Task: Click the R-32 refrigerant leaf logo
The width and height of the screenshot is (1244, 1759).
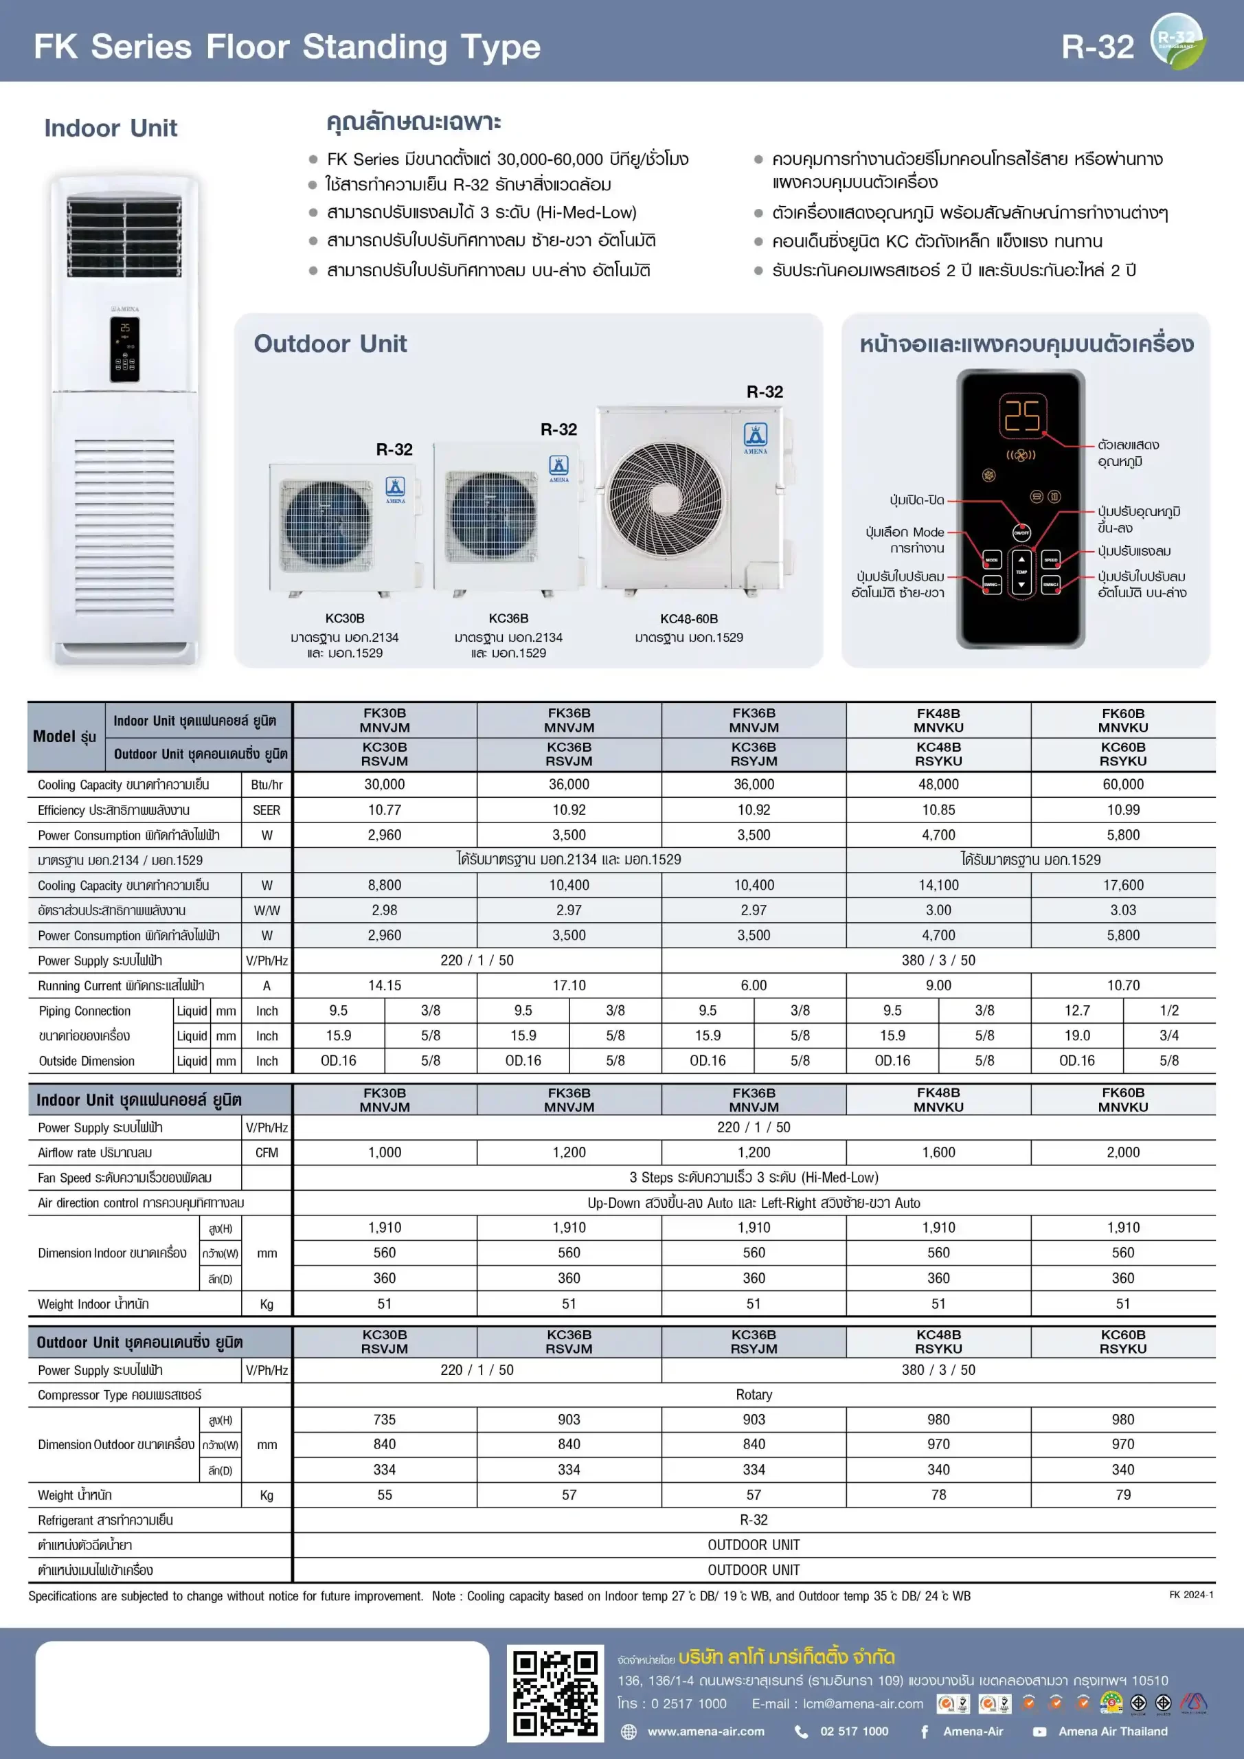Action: point(1177,41)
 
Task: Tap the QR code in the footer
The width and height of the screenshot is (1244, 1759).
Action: point(554,1693)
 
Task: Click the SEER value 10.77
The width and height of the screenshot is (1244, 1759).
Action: point(385,810)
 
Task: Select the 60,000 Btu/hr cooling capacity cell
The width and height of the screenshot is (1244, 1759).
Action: point(1122,785)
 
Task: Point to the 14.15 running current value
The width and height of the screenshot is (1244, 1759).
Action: point(385,985)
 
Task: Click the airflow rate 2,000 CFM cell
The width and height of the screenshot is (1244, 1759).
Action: point(1122,1152)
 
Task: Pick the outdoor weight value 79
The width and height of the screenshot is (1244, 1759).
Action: point(1122,1494)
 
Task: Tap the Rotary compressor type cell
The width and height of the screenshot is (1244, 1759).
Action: point(754,1394)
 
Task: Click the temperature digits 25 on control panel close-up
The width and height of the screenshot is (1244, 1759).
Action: point(1022,416)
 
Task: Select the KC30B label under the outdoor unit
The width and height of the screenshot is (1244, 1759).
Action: point(345,618)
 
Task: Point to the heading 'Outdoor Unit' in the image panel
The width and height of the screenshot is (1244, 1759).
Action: point(330,344)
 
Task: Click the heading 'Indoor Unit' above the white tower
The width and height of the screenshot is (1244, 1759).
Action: point(111,128)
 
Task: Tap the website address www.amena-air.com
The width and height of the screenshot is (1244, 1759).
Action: point(705,1732)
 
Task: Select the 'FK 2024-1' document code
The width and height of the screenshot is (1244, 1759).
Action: point(1190,1594)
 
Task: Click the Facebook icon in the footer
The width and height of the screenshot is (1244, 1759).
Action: point(925,1732)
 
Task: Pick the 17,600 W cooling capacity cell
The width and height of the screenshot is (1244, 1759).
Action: point(1122,885)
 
